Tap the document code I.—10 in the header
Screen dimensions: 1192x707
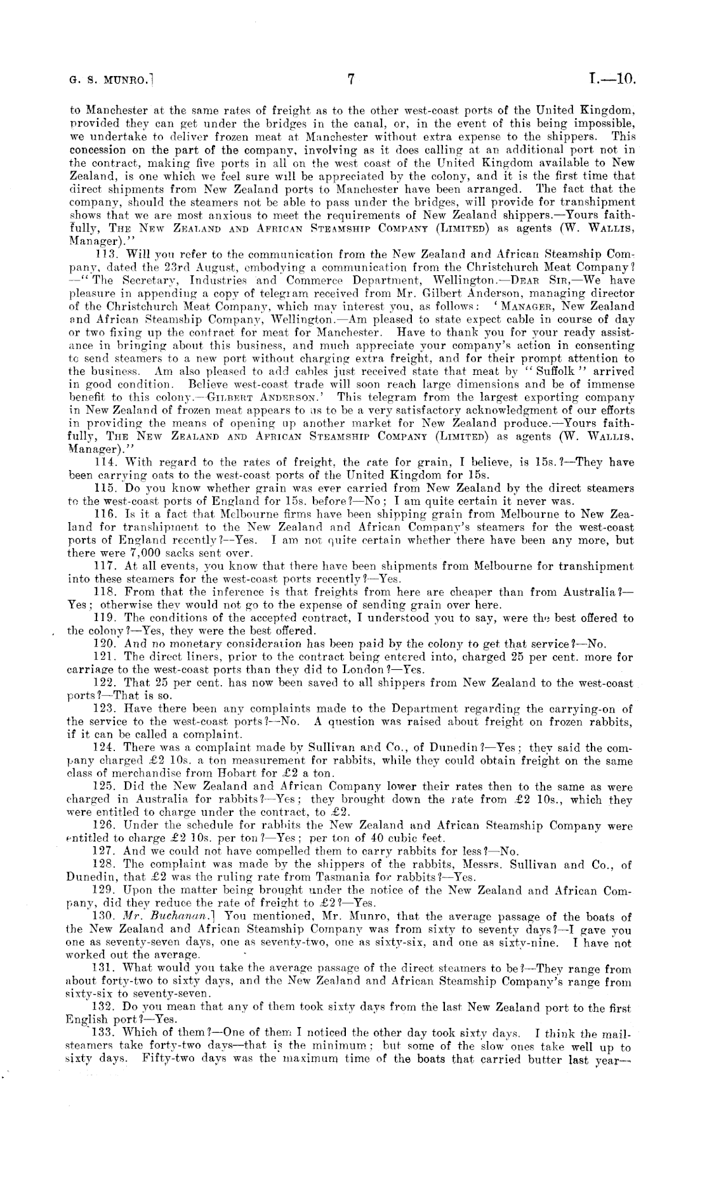pos(611,80)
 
